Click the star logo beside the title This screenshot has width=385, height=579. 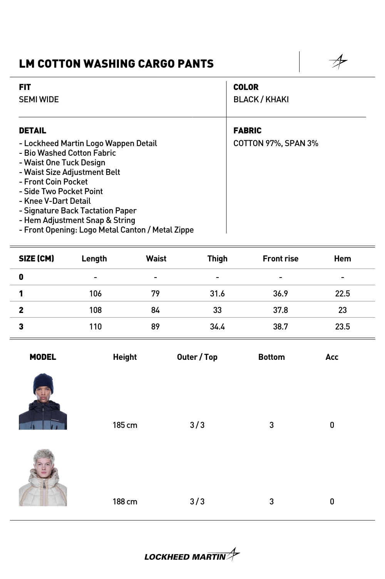[338, 62]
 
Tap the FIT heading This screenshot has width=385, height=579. [25, 87]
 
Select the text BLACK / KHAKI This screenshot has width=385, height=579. [261, 100]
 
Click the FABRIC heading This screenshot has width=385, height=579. [247, 131]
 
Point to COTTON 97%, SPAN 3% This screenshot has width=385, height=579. [276, 143]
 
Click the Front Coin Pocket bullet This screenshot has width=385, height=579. [54, 182]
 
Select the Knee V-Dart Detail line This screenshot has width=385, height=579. [55, 201]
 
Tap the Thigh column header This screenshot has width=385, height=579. [217, 259]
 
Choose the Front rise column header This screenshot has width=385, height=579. [280, 259]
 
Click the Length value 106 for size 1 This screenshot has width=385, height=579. [95, 294]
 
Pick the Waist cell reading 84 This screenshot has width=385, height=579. [155, 310]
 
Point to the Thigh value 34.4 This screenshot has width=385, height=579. [217, 327]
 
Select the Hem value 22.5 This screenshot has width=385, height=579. [342, 294]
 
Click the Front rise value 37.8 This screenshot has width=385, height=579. [280, 310]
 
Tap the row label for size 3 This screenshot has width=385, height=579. [21, 327]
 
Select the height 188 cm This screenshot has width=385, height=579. [125, 502]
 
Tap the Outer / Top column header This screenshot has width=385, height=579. [197, 357]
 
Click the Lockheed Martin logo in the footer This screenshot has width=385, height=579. [192, 556]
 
